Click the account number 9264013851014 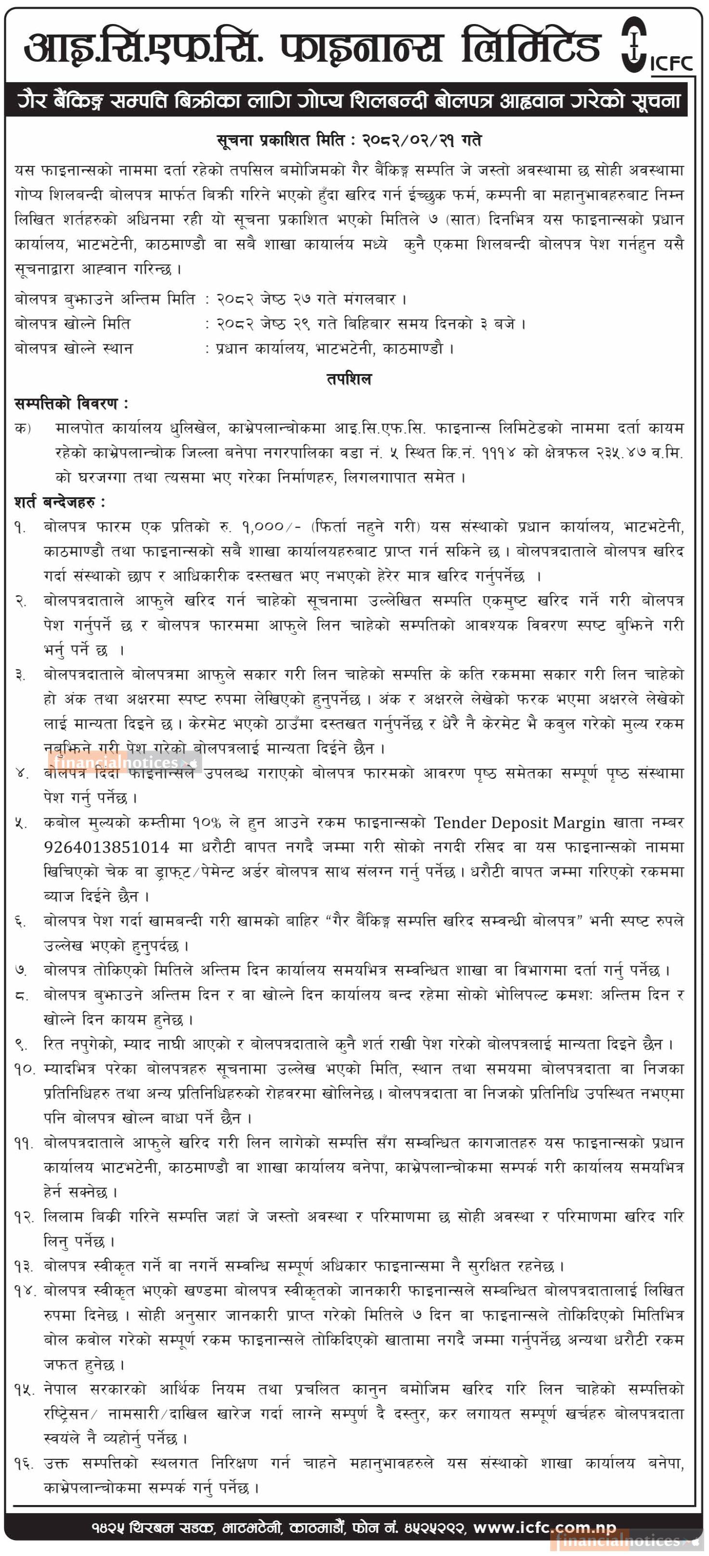click(x=106, y=847)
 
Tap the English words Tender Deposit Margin click(x=519, y=822)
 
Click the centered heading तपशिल click(x=349, y=379)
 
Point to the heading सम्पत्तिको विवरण click(x=71, y=403)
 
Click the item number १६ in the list click(x=23, y=1464)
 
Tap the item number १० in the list click(x=24, y=1068)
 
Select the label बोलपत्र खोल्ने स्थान click(x=74, y=349)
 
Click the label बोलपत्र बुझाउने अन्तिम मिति click(x=104, y=299)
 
